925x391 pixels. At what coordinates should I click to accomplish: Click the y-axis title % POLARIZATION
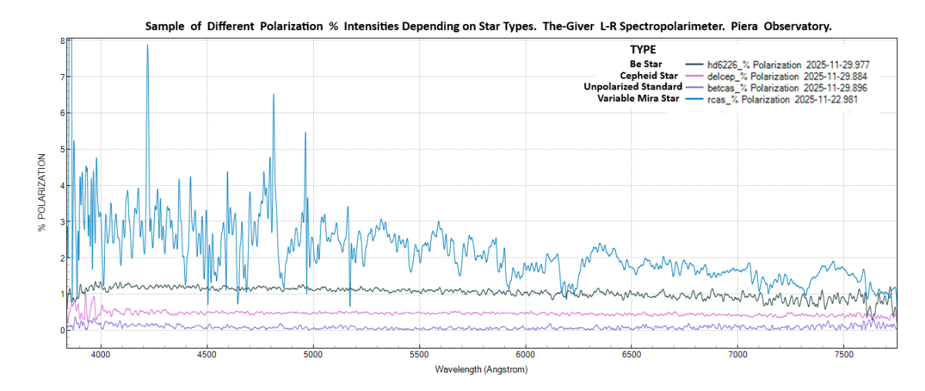coord(43,193)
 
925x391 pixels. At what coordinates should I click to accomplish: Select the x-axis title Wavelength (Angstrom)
coord(481,369)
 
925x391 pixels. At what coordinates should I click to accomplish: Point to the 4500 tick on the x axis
coord(207,355)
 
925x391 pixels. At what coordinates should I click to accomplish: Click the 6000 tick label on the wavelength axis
coord(525,355)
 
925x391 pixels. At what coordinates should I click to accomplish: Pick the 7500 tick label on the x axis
coord(843,355)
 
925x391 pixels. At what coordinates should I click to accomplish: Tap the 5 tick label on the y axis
coord(62,149)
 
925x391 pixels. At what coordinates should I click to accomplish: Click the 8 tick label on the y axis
coord(62,41)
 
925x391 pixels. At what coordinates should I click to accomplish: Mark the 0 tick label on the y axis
coord(62,330)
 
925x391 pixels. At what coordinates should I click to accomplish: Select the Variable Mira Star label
coord(637,99)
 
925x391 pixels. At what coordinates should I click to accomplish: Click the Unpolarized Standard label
coord(632,87)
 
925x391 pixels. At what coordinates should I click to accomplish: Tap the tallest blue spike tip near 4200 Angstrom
coord(147,46)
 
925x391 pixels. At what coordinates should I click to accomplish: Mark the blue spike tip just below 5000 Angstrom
coord(305,133)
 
